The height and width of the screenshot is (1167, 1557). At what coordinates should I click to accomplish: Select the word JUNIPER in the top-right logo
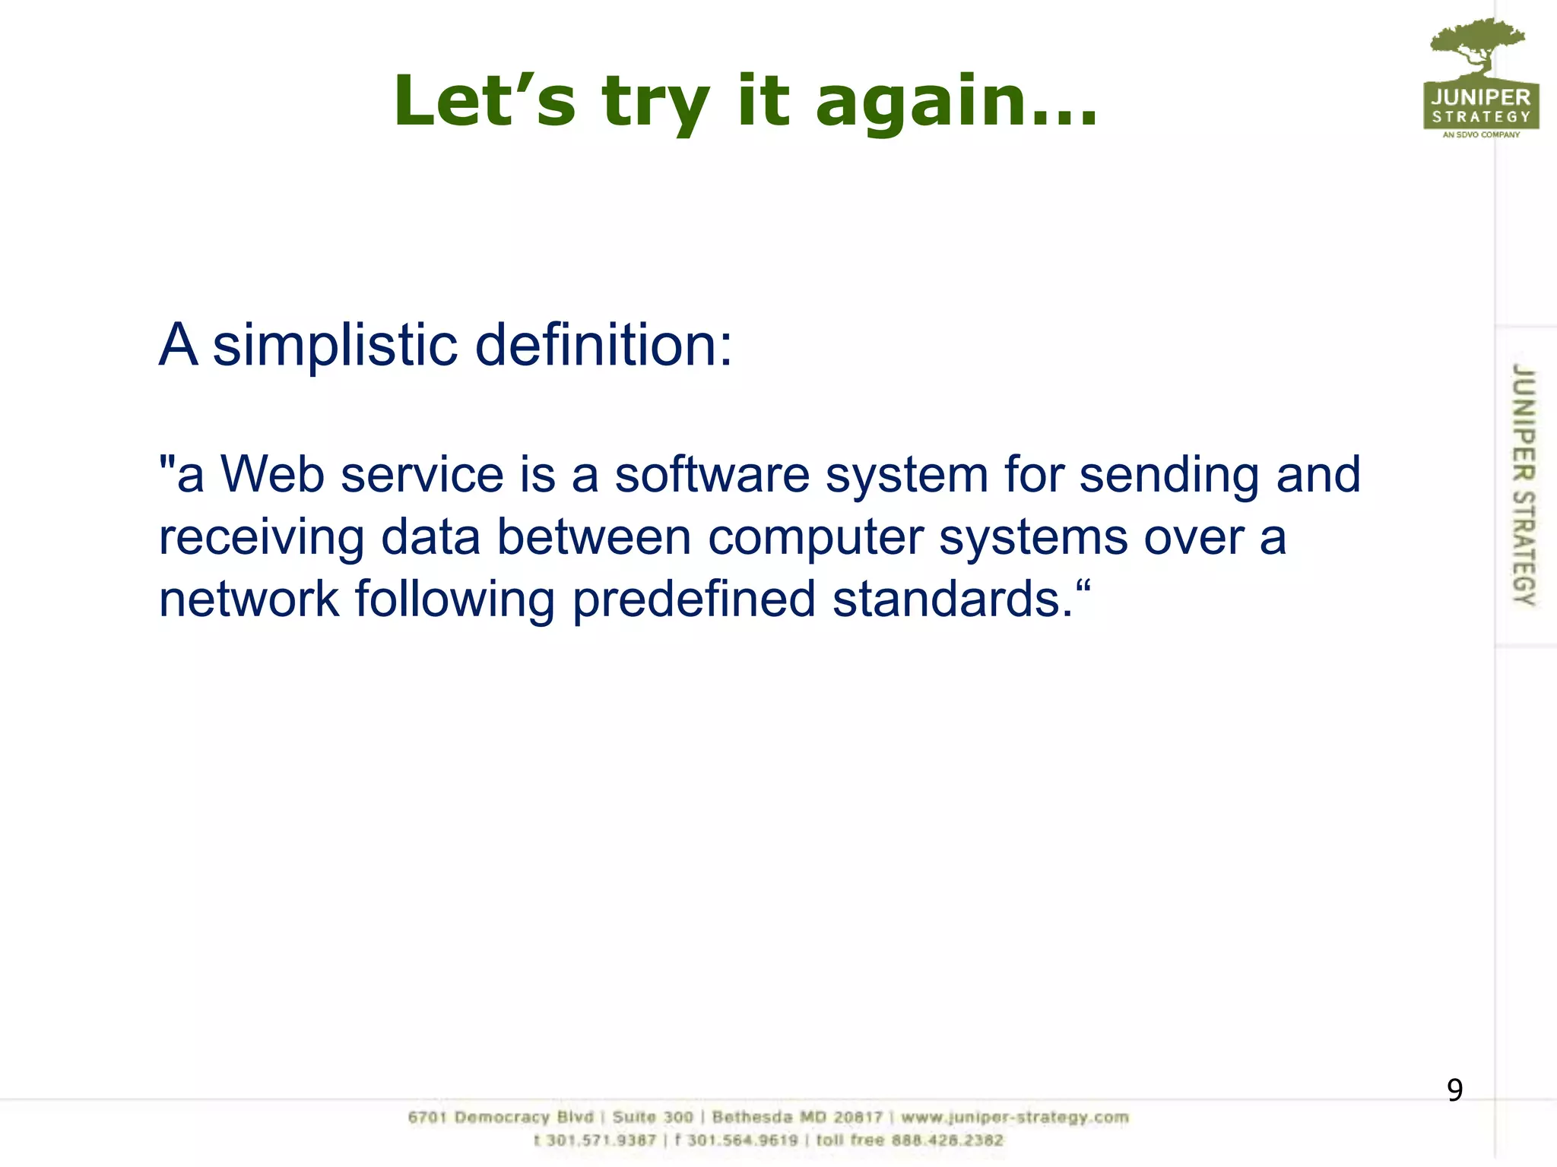point(1481,97)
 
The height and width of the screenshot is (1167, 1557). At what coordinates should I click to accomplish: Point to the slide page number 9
point(1454,1090)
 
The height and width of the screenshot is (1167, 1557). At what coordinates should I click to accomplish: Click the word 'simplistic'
point(335,346)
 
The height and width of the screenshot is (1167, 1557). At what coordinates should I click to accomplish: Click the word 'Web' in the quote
point(272,475)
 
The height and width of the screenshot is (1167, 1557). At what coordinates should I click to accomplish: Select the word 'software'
point(712,475)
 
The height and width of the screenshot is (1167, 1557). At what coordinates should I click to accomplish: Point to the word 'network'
point(249,599)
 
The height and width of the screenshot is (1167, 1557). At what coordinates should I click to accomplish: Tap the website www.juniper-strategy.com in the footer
point(1015,1118)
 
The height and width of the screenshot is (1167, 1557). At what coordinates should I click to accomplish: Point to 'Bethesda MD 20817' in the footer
point(797,1118)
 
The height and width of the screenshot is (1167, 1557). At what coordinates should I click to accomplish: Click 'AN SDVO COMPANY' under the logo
point(1481,135)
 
